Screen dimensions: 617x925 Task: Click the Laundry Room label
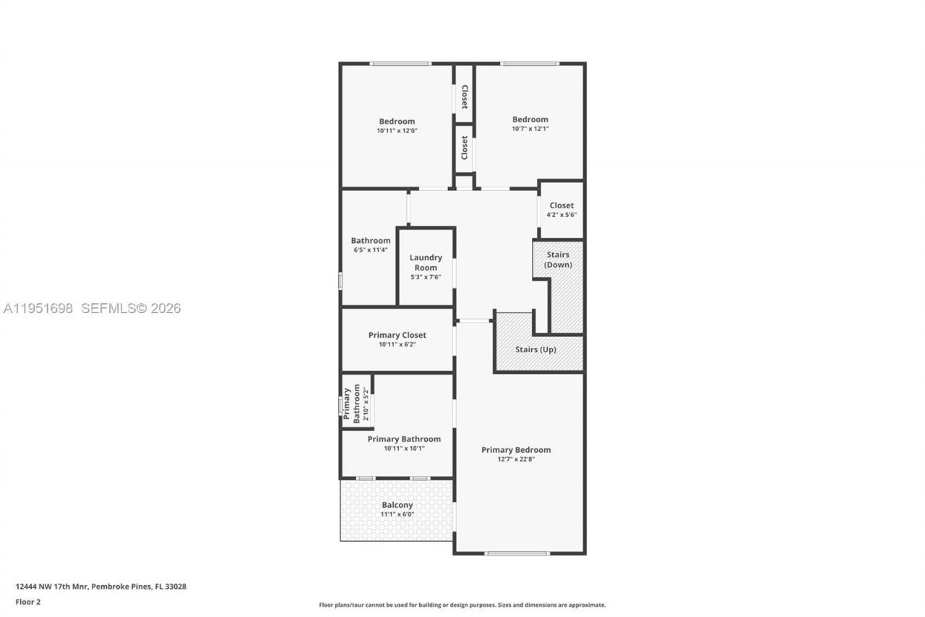pos(426,263)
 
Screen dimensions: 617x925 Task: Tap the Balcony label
pos(397,505)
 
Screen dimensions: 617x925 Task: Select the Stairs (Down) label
pos(558,260)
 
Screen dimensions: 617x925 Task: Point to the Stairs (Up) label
pos(535,349)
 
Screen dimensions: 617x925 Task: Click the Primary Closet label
pos(397,335)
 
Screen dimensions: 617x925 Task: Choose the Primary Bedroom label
pos(516,450)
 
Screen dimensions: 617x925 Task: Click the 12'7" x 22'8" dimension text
pos(516,459)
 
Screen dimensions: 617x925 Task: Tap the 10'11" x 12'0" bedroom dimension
pos(397,131)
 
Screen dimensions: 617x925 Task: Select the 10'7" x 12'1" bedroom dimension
pos(530,129)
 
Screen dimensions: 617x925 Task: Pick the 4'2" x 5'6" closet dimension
pos(562,215)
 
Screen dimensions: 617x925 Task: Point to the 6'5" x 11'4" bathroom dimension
pos(371,250)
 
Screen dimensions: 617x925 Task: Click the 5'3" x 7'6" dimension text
pos(426,277)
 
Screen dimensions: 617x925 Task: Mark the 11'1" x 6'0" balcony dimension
pos(397,514)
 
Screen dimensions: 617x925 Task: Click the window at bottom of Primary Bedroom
pos(517,553)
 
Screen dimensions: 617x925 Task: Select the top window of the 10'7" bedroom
pos(530,64)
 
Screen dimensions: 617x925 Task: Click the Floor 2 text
pos(28,601)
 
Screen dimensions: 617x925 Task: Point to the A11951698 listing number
pos(38,308)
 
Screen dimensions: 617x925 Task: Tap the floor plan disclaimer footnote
pos(462,605)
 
